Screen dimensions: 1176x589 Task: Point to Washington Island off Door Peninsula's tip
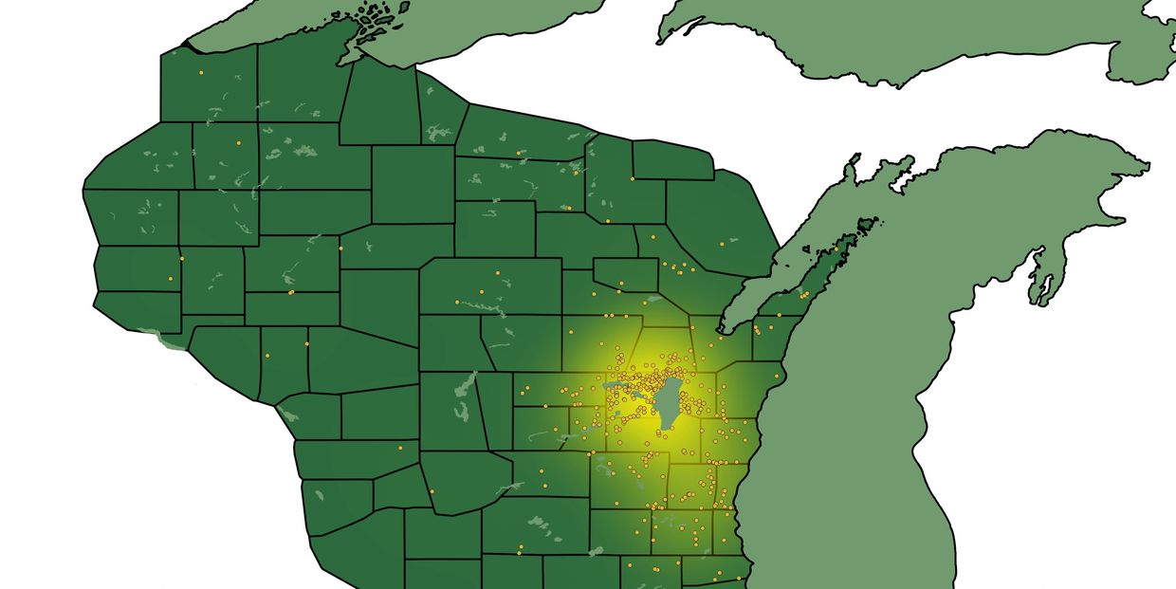[866, 226]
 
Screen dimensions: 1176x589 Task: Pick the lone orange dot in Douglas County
[201, 73]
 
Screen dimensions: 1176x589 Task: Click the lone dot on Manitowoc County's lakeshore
[776, 377]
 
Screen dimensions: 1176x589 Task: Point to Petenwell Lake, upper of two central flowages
[466, 385]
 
